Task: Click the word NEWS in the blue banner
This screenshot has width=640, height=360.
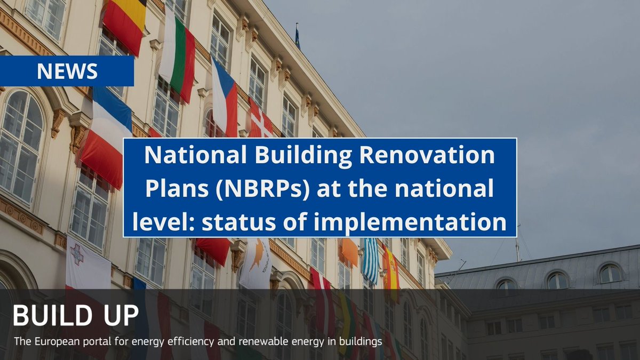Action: click(67, 71)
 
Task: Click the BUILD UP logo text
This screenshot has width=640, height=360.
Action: click(75, 316)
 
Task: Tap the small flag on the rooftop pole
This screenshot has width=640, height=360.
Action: click(298, 39)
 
